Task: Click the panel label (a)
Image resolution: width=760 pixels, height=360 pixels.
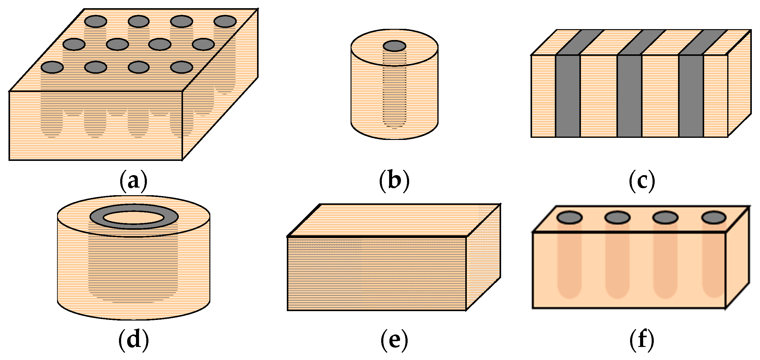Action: pos(134,181)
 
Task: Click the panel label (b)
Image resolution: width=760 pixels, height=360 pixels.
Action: pos(394,181)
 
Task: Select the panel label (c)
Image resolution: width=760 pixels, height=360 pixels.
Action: pos(642,181)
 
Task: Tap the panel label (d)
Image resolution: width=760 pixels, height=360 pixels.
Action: pos(134,340)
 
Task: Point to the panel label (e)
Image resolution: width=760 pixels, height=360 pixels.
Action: pos(394,340)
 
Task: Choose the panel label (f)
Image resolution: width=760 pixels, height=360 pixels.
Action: pos(642,340)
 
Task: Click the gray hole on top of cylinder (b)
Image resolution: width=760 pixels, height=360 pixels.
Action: pos(394,46)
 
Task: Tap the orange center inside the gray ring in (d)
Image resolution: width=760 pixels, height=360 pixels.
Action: pos(134,218)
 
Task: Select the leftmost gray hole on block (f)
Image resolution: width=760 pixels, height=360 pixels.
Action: pos(569,218)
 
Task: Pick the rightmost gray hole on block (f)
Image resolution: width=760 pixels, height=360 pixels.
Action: pos(714,218)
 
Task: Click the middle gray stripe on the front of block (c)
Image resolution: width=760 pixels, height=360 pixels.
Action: pos(629,96)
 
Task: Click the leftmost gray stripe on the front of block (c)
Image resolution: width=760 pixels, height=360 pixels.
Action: pos(568,96)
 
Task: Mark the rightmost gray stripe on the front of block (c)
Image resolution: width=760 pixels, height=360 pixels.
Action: pos(691,96)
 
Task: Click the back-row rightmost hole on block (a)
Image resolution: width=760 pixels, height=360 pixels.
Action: pos(225,22)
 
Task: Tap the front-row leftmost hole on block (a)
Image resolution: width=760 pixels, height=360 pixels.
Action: pos(52,67)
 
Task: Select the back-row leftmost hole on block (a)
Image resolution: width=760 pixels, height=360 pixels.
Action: pos(96,22)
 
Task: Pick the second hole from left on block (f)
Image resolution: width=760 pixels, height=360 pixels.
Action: pos(617,218)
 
